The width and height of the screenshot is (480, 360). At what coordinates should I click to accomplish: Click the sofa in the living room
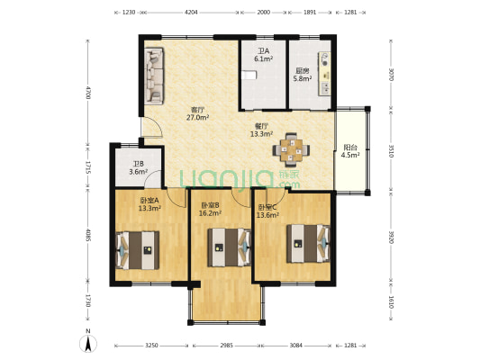click(x=154, y=76)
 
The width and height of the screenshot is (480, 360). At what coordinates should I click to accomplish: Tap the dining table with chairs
click(x=291, y=150)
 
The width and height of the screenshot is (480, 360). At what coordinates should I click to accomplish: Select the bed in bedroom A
click(x=138, y=250)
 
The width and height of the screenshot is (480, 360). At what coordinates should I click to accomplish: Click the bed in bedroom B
click(x=229, y=247)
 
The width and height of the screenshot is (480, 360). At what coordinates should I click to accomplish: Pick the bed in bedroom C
click(x=308, y=244)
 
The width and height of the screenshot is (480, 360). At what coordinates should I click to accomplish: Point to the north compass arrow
click(x=88, y=344)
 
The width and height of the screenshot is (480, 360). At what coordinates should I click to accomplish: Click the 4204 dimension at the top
click(x=191, y=13)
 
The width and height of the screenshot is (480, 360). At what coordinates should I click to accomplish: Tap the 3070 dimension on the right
click(x=391, y=75)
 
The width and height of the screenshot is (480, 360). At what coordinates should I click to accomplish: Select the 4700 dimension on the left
click(x=88, y=93)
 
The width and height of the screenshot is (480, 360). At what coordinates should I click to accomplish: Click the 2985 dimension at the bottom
click(x=227, y=346)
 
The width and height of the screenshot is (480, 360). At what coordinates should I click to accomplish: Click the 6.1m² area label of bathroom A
click(x=264, y=58)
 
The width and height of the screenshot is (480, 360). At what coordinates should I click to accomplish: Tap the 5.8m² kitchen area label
click(x=303, y=78)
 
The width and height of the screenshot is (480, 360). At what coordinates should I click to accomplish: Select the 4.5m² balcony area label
click(x=350, y=155)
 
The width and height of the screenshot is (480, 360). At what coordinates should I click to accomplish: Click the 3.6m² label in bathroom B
click(x=139, y=172)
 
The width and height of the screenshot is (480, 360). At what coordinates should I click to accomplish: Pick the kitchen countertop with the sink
click(x=324, y=74)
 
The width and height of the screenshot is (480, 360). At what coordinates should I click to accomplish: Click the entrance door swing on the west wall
click(x=152, y=127)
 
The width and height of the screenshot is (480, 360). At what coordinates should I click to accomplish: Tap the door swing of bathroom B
click(x=153, y=179)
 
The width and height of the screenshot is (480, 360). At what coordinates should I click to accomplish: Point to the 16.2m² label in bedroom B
click(x=211, y=213)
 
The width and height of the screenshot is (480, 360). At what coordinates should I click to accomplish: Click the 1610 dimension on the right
click(x=391, y=301)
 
